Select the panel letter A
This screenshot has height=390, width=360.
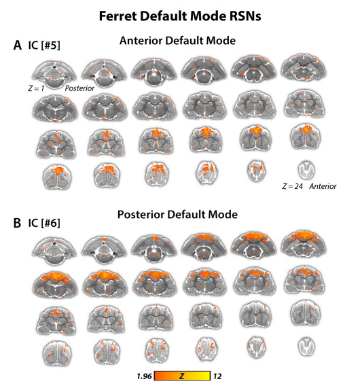click(18, 46)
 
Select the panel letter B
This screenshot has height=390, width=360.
click(17, 223)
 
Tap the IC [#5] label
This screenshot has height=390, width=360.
click(44, 46)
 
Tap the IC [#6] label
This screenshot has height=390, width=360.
click(44, 223)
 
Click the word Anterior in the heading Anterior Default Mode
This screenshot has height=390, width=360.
click(141, 41)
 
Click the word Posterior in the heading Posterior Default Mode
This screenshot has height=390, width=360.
click(141, 215)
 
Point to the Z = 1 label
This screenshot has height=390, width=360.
click(36, 88)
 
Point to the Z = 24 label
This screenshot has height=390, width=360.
click(292, 186)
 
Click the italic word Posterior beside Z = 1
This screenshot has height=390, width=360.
click(79, 88)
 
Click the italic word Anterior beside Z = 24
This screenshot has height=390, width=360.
click(323, 186)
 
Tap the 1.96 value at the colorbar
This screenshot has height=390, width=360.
click(144, 376)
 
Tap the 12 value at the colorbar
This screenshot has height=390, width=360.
click(217, 376)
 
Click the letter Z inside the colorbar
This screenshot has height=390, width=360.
click(182, 376)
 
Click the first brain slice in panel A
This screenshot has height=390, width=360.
click(54, 74)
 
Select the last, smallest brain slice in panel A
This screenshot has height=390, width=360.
click(306, 170)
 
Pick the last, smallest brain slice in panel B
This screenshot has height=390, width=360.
click(306, 347)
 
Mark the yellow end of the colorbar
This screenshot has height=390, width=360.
click(208, 376)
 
